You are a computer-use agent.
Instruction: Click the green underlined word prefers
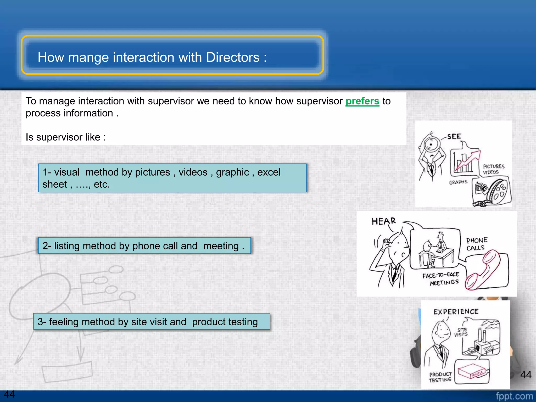pos(362,101)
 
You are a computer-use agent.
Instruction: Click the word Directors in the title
pos(232,57)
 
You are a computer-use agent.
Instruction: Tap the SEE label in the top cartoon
pos(454,137)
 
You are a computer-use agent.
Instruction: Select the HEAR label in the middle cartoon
pos(384,221)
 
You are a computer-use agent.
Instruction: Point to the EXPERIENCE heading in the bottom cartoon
pos(456,312)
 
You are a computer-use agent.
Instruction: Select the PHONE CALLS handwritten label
pos(477,244)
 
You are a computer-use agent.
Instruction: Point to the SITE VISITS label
pos(461,332)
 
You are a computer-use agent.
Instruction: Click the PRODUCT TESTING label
pos(440,377)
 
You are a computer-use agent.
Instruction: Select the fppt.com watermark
pos(514,396)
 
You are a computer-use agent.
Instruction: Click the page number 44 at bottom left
pos(9,394)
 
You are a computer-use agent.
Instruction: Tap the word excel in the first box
pos(269,172)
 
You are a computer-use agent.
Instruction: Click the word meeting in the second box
pos(221,246)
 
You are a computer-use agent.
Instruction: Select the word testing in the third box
pos(243,322)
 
